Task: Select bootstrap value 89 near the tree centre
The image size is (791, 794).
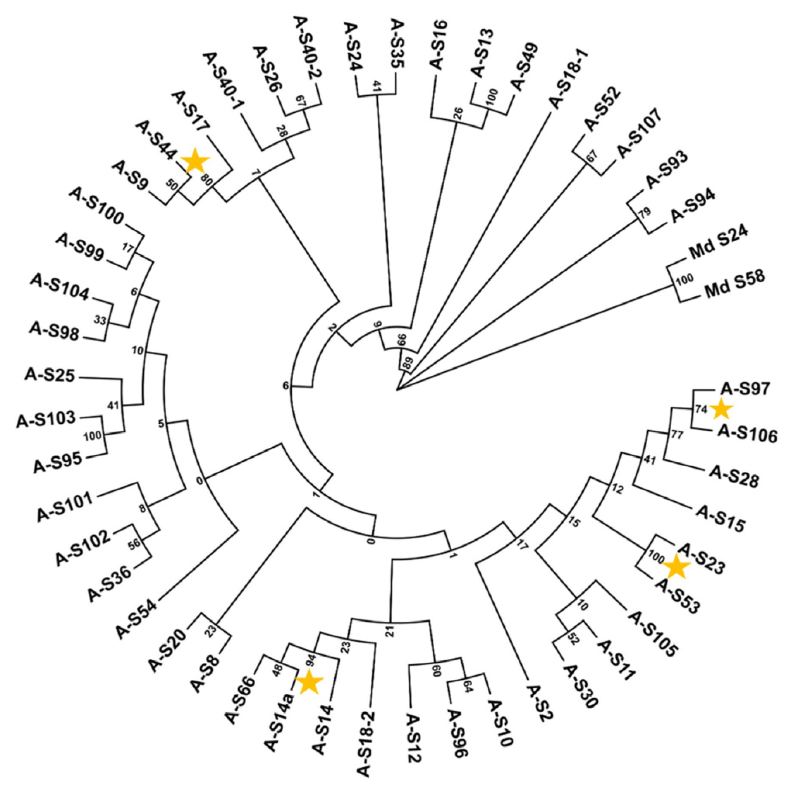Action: (x=408, y=363)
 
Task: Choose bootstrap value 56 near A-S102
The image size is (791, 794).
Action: (x=135, y=543)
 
